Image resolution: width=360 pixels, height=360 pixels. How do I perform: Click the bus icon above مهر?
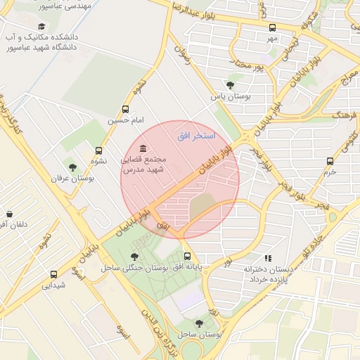[272, 27]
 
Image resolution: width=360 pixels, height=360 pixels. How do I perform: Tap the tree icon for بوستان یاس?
[230, 85]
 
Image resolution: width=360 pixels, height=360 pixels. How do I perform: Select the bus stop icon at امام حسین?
[126, 109]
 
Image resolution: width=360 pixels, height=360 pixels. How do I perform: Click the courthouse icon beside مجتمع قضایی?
[143, 148]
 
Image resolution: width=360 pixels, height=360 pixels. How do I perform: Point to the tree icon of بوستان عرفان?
[72, 167]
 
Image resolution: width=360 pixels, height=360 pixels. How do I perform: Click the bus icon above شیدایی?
[53, 274]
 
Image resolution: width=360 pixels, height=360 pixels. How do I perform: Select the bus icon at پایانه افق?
[187, 257]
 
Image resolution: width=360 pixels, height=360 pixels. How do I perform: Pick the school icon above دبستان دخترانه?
[267, 258]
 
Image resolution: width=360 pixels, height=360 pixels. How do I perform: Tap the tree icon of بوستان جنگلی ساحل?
[135, 257]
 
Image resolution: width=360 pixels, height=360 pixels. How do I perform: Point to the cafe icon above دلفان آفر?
[9, 214]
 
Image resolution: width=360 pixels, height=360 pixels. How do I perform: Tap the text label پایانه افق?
[188, 267]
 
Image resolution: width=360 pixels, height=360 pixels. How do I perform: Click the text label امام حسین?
[126, 120]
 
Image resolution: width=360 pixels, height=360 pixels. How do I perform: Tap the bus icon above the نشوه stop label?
[98, 150]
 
